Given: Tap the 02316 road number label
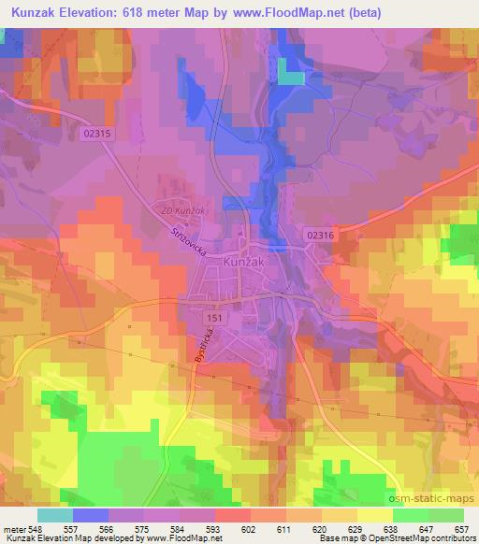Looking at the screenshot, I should pyautogui.click(x=320, y=237).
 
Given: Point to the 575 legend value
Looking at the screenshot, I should pyautogui.click(x=142, y=527).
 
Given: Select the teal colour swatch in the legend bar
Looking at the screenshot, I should pyautogui.click(x=54, y=515).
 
